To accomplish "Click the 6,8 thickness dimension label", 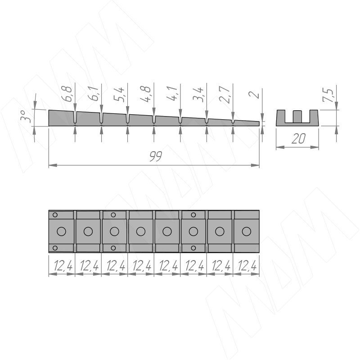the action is pyautogui.click(x=67, y=94).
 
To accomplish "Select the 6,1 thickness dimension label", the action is pyautogui.click(x=94, y=94).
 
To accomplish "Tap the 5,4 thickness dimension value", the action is pyautogui.click(x=119, y=94).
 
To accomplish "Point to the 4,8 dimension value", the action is pyautogui.click(x=145, y=94).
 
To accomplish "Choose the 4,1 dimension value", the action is pyautogui.click(x=172, y=94).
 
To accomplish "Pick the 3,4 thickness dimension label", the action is pyautogui.click(x=198, y=94).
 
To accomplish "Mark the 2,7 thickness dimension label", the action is pyautogui.click(x=225, y=94).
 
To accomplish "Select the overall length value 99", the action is pyautogui.click(x=156, y=156).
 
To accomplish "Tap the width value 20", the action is pyautogui.click(x=298, y=139).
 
